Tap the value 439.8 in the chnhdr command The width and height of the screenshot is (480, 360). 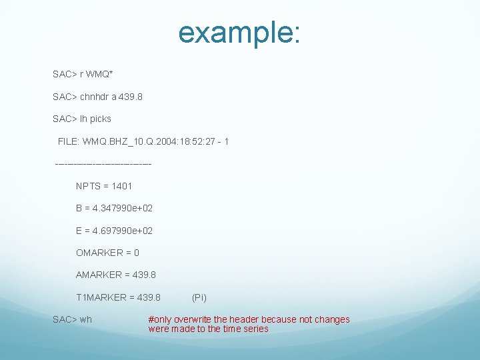[131, 97]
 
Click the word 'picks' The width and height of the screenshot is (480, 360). [100, 119]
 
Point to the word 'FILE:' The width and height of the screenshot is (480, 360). [69, 141]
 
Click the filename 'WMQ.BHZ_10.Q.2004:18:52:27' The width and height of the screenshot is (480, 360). [147, 141]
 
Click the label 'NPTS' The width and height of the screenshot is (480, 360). [88, 186]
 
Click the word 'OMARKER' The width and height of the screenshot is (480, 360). [99, 253]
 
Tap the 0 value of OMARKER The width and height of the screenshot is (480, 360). [137, 253]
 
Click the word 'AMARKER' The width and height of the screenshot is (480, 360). [99, 275]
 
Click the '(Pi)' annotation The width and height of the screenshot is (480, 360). [199, 297]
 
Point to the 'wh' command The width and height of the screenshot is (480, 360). [86, 319]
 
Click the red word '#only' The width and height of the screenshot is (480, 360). [159, 319]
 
